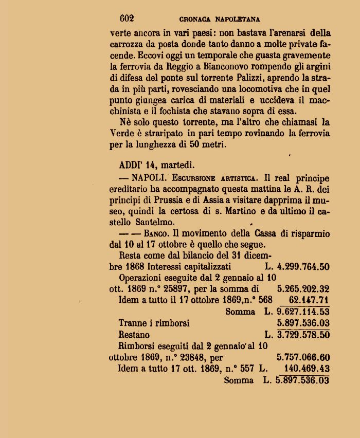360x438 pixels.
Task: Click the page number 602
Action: point(127,19)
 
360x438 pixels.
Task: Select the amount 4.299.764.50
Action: point(303,267)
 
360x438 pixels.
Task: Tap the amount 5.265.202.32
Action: point(303,289)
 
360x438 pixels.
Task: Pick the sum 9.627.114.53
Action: point(303,312)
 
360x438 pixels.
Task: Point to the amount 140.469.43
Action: point(307,369)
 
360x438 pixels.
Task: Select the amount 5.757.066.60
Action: point(303,358)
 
